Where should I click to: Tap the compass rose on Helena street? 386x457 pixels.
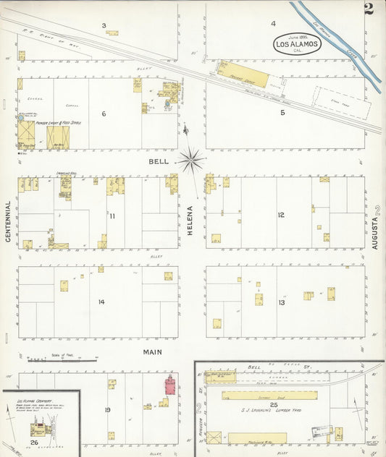[x=191, y=159]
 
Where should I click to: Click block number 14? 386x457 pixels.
[x=102, y=302]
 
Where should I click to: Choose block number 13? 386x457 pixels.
[x=281, y=302]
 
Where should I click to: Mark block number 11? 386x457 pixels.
[x=112, y=215]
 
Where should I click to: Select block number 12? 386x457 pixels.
[x=281, y=215]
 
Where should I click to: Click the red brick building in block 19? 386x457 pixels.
[x=171, y=385]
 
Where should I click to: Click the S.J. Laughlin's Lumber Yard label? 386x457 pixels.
[x=269, y=410]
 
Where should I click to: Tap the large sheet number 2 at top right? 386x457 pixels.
[x=369, y=9]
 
